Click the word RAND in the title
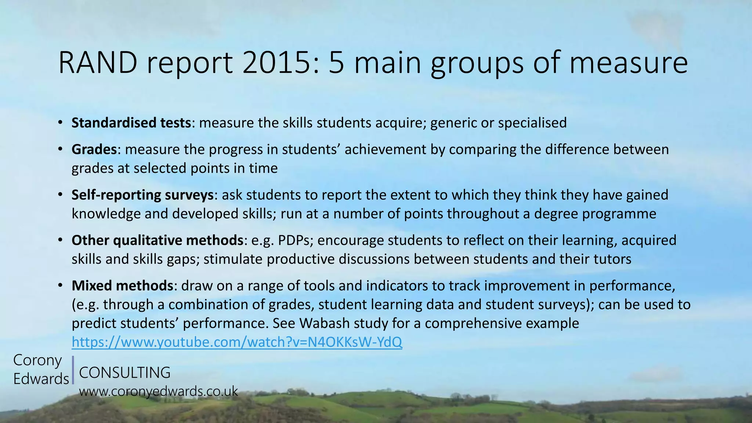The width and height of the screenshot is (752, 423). point(98,63)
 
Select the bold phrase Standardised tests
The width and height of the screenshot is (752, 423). point(131,123)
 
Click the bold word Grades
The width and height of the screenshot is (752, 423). point(94,149)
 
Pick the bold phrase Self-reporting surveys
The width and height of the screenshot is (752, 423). point(142,195)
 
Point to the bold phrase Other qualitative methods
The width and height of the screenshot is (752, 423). point(157,240)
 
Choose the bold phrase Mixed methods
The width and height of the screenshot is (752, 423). point(122,285)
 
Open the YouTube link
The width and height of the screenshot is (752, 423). point(237,342)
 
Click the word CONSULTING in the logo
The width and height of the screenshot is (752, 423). point(124,372)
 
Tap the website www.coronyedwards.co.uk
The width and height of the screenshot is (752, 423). point(159,391)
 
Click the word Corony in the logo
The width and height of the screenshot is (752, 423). point(37,360)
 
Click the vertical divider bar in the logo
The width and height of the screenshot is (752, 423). point(73,370)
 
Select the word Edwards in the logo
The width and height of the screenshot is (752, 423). point(41,379)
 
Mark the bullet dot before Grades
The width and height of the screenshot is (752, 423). point(60,149)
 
